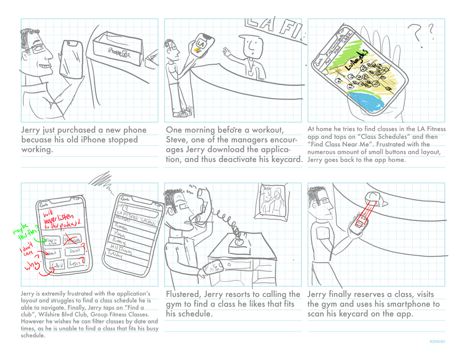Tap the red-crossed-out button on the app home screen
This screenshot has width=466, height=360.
point(72,239)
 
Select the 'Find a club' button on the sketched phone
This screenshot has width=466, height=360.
point(51,241)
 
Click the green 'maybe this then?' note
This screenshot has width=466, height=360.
point(25,232)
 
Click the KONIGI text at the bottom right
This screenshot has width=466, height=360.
point(437,342)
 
